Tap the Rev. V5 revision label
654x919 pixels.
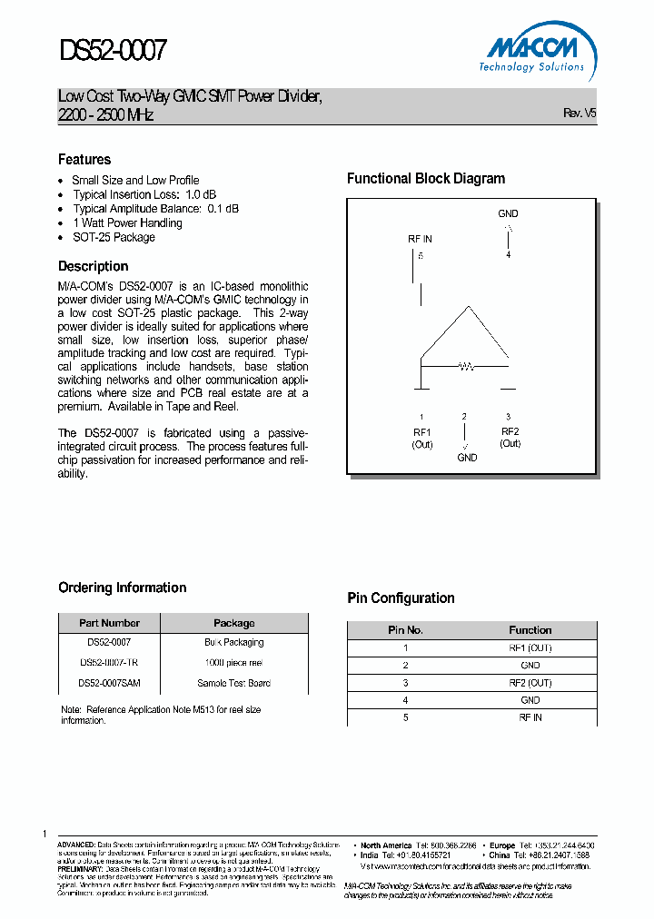click(580, 114)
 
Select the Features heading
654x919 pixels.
click(84, 159)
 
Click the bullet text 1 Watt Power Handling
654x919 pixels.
click(127, 222)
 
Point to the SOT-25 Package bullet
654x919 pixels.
click(114, 237)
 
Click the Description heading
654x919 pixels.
click(94, 266)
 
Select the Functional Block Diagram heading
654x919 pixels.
click(426, 179)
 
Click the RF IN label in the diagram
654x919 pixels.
click(420, 239)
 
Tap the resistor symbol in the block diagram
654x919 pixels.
click(465, 367)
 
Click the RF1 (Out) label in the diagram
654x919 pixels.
click(421, 438)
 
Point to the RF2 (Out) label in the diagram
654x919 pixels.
click(510, 437)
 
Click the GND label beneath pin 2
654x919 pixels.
click(467, 458)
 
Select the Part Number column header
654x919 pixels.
click(109, 623)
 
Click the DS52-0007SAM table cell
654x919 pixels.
click(109, 683)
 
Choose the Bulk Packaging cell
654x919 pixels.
click(233, 642)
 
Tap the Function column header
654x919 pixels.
click(530, 629)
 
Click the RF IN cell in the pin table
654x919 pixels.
click(530, 717)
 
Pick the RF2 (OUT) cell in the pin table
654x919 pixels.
click(530, 683)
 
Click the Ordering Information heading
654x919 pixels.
click(123, 588)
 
